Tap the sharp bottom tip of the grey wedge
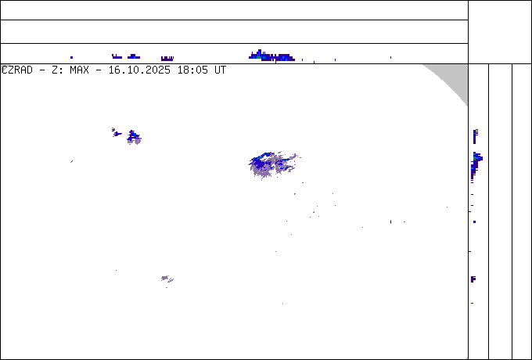click(467, 106)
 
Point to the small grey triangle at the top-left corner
click(4, 67)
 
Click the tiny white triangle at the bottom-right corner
click(466, 358)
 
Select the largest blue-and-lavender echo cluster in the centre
click(268, 164)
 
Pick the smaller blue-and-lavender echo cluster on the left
click(134, 138)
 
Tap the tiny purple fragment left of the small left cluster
click(115, 131)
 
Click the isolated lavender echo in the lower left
click(166, 279)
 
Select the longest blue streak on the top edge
click(270, 56)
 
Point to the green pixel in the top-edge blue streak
click(259, 54)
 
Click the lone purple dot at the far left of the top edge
click(71, 57)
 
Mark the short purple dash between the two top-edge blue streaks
click(167, 58)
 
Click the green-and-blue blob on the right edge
click(476, 158)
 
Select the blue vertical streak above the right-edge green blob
click(475, 135)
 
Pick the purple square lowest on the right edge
click(473, 279)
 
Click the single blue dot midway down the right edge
click(474, 221)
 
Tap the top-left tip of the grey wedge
click(424, 65)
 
